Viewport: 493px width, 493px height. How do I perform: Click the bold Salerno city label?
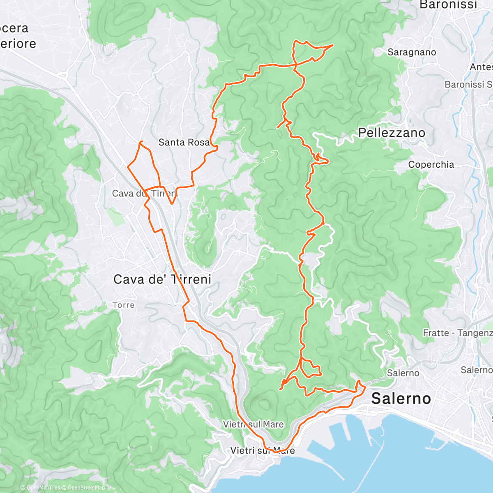[x=401, y=399]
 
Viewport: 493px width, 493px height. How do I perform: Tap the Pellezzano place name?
[x=392, y=133]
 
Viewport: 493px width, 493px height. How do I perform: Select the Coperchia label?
[x=431, y=165]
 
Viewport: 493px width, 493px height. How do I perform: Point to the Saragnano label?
[x=412, y=52]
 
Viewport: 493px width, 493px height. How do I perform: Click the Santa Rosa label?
[x=184, y=143]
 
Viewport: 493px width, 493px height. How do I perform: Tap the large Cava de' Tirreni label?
[x=162, y=279]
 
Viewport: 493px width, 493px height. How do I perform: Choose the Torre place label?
[x=123, y=305]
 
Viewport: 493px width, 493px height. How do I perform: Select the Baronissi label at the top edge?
[x=448, y=5]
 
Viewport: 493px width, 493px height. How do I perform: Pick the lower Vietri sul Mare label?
[x=262, y=451]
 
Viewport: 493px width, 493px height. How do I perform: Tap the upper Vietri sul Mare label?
[x=253, y=424]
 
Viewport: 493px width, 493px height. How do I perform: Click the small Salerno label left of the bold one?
[x=403, y=373]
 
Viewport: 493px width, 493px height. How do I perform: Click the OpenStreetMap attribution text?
[x=86, y=488]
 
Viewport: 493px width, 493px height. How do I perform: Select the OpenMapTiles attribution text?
[x=43, y=488]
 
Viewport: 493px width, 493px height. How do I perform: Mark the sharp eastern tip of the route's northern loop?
[x=332, y=45]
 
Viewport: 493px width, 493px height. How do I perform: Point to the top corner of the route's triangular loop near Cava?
[x=141, y=141]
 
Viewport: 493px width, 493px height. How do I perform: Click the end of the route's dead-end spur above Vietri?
[x=280, y=388]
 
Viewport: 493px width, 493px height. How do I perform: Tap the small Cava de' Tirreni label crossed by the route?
[x=144, y=193]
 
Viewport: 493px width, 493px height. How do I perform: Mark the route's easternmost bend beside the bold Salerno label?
[x=365, y=387]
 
